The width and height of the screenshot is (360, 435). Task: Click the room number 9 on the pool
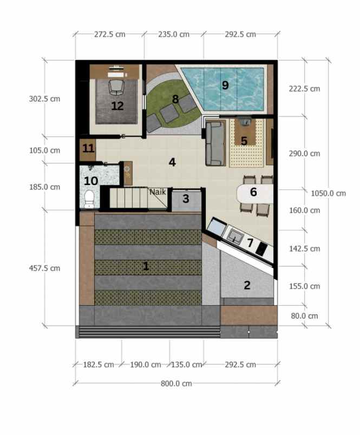pos(225,85)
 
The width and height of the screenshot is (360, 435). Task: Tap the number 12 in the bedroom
pos(117,106)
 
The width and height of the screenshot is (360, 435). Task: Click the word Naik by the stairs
pos(158,192)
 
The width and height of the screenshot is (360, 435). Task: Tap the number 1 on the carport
pos(145,266)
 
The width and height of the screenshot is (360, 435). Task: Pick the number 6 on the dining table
pos(253,192)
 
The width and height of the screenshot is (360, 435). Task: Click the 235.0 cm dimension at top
pos(173,34)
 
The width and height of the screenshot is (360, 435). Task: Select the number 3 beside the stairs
pos(186,199)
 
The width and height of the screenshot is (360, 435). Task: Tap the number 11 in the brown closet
pos(88,148)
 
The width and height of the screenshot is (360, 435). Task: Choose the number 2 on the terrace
pos(247,285)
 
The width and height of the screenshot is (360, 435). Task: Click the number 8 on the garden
pos(175,99)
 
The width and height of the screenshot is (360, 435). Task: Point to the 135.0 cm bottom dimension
pos(186,364)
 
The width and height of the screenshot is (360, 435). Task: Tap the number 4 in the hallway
pos(172,162)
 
